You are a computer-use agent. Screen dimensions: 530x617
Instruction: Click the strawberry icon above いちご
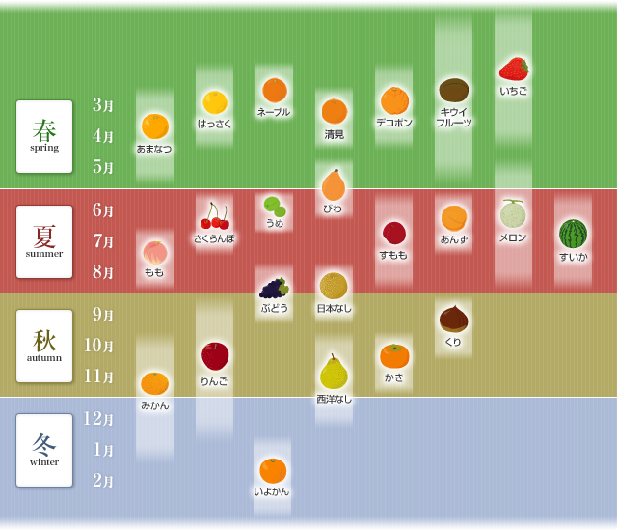(513, 69)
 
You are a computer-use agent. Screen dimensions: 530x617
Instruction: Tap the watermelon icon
(573, 234)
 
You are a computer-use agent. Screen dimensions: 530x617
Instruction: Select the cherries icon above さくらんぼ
(214, 215)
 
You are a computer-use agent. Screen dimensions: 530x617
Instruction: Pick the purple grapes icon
(274, 288)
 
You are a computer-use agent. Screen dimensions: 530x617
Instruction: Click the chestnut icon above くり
(453, 319)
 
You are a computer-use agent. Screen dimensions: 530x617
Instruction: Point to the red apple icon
(214, 356)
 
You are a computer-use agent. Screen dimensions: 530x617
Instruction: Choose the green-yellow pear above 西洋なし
(334, 373)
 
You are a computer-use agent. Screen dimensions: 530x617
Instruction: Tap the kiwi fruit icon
(453, 90)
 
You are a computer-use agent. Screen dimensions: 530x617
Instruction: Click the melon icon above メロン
(513, 213)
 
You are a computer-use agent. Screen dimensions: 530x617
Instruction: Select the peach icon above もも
(154, 252)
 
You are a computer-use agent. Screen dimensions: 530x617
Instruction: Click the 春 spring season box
(44, 136)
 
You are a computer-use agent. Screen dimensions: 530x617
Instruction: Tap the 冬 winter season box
(44, 450)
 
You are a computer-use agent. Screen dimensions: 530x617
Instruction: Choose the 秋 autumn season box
(44, 346)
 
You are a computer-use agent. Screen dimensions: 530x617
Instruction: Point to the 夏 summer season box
(44, 241)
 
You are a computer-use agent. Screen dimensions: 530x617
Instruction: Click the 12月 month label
(98, 419)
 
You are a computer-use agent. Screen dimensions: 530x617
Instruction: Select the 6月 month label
(103, 210)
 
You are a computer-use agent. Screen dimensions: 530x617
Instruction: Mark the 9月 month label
(103, 315)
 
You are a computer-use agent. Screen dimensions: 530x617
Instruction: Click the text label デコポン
(393, 123)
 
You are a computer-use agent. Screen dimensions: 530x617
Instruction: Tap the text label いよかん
(272, 491)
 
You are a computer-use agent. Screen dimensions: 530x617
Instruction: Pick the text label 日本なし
(334, 309)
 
